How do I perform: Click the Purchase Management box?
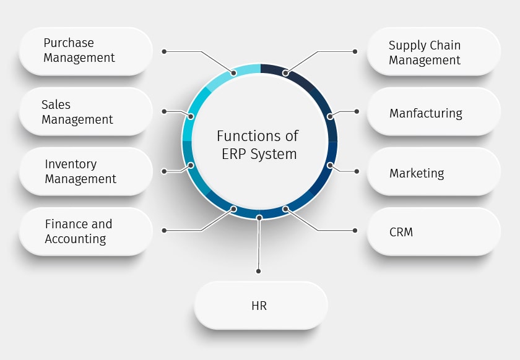coord(85,51)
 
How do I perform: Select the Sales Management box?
coord(85,111)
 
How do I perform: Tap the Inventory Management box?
coord(85,171)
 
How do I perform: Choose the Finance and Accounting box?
coord(85,231)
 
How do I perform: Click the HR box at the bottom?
coord(261,306)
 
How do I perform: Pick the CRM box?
coord(433,232)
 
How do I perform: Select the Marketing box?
coord(433,173)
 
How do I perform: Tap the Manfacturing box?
coord(433,113)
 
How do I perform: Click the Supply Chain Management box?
coord(433,53)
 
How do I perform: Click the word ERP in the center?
coord(235,153)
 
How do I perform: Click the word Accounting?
coord(75,239)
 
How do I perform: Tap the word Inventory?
coord(71,164)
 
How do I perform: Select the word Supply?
coord(407,46)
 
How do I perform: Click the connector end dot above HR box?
coord(258,271)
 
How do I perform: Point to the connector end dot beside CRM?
coord(355,230)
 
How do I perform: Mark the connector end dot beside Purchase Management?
coord(164,51)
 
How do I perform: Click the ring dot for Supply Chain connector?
coord(285,73)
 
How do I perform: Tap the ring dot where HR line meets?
coord(259,217)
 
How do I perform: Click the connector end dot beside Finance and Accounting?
coord(164,230)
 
